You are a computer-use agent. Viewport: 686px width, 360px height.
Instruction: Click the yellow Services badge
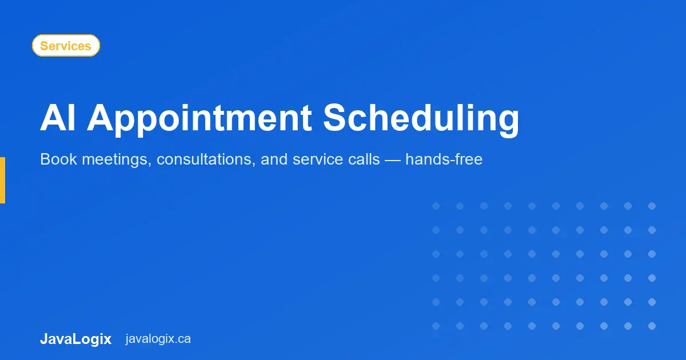(66, 46)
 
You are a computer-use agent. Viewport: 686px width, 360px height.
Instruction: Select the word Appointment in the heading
(199, 119)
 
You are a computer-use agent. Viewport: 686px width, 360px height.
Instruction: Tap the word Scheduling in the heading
(421, 119)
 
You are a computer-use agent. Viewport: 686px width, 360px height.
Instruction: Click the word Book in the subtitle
(58, 159)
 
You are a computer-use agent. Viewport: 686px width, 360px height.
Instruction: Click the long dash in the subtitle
(393, 159)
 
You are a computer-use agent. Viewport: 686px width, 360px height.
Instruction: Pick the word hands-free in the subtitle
(444, 159)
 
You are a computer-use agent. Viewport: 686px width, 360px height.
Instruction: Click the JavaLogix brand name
(75, 339)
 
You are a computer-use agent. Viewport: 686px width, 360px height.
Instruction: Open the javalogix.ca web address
(158, 339)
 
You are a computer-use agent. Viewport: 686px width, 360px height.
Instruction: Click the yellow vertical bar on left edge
(2, 180)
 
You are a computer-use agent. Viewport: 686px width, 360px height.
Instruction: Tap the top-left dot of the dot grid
(436, 206)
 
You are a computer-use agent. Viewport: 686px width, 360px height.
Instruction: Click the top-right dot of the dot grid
(652, 206)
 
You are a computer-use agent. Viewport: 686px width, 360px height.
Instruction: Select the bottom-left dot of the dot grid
(436, 326)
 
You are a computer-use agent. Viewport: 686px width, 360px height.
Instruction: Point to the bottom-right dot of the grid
(652, 326)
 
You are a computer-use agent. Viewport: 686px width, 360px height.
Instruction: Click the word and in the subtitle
(274, 159)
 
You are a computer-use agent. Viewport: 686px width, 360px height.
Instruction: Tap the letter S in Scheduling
(336, 119)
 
